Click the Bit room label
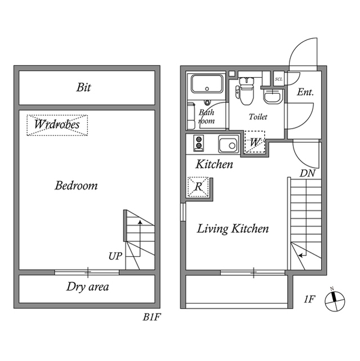83,87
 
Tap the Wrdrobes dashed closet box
57,125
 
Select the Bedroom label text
76,186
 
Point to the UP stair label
115,256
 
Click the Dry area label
87,287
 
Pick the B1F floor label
152,317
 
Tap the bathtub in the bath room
207,84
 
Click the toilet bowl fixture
246,91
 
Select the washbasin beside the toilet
272,96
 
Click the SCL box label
279,79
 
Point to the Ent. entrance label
305,92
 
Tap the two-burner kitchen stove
199,143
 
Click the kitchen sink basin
229,144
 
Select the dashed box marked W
255,142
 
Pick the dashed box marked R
198,187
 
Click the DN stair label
308,173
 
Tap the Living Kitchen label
233,229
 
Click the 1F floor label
309,300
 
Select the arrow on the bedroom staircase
140,238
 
